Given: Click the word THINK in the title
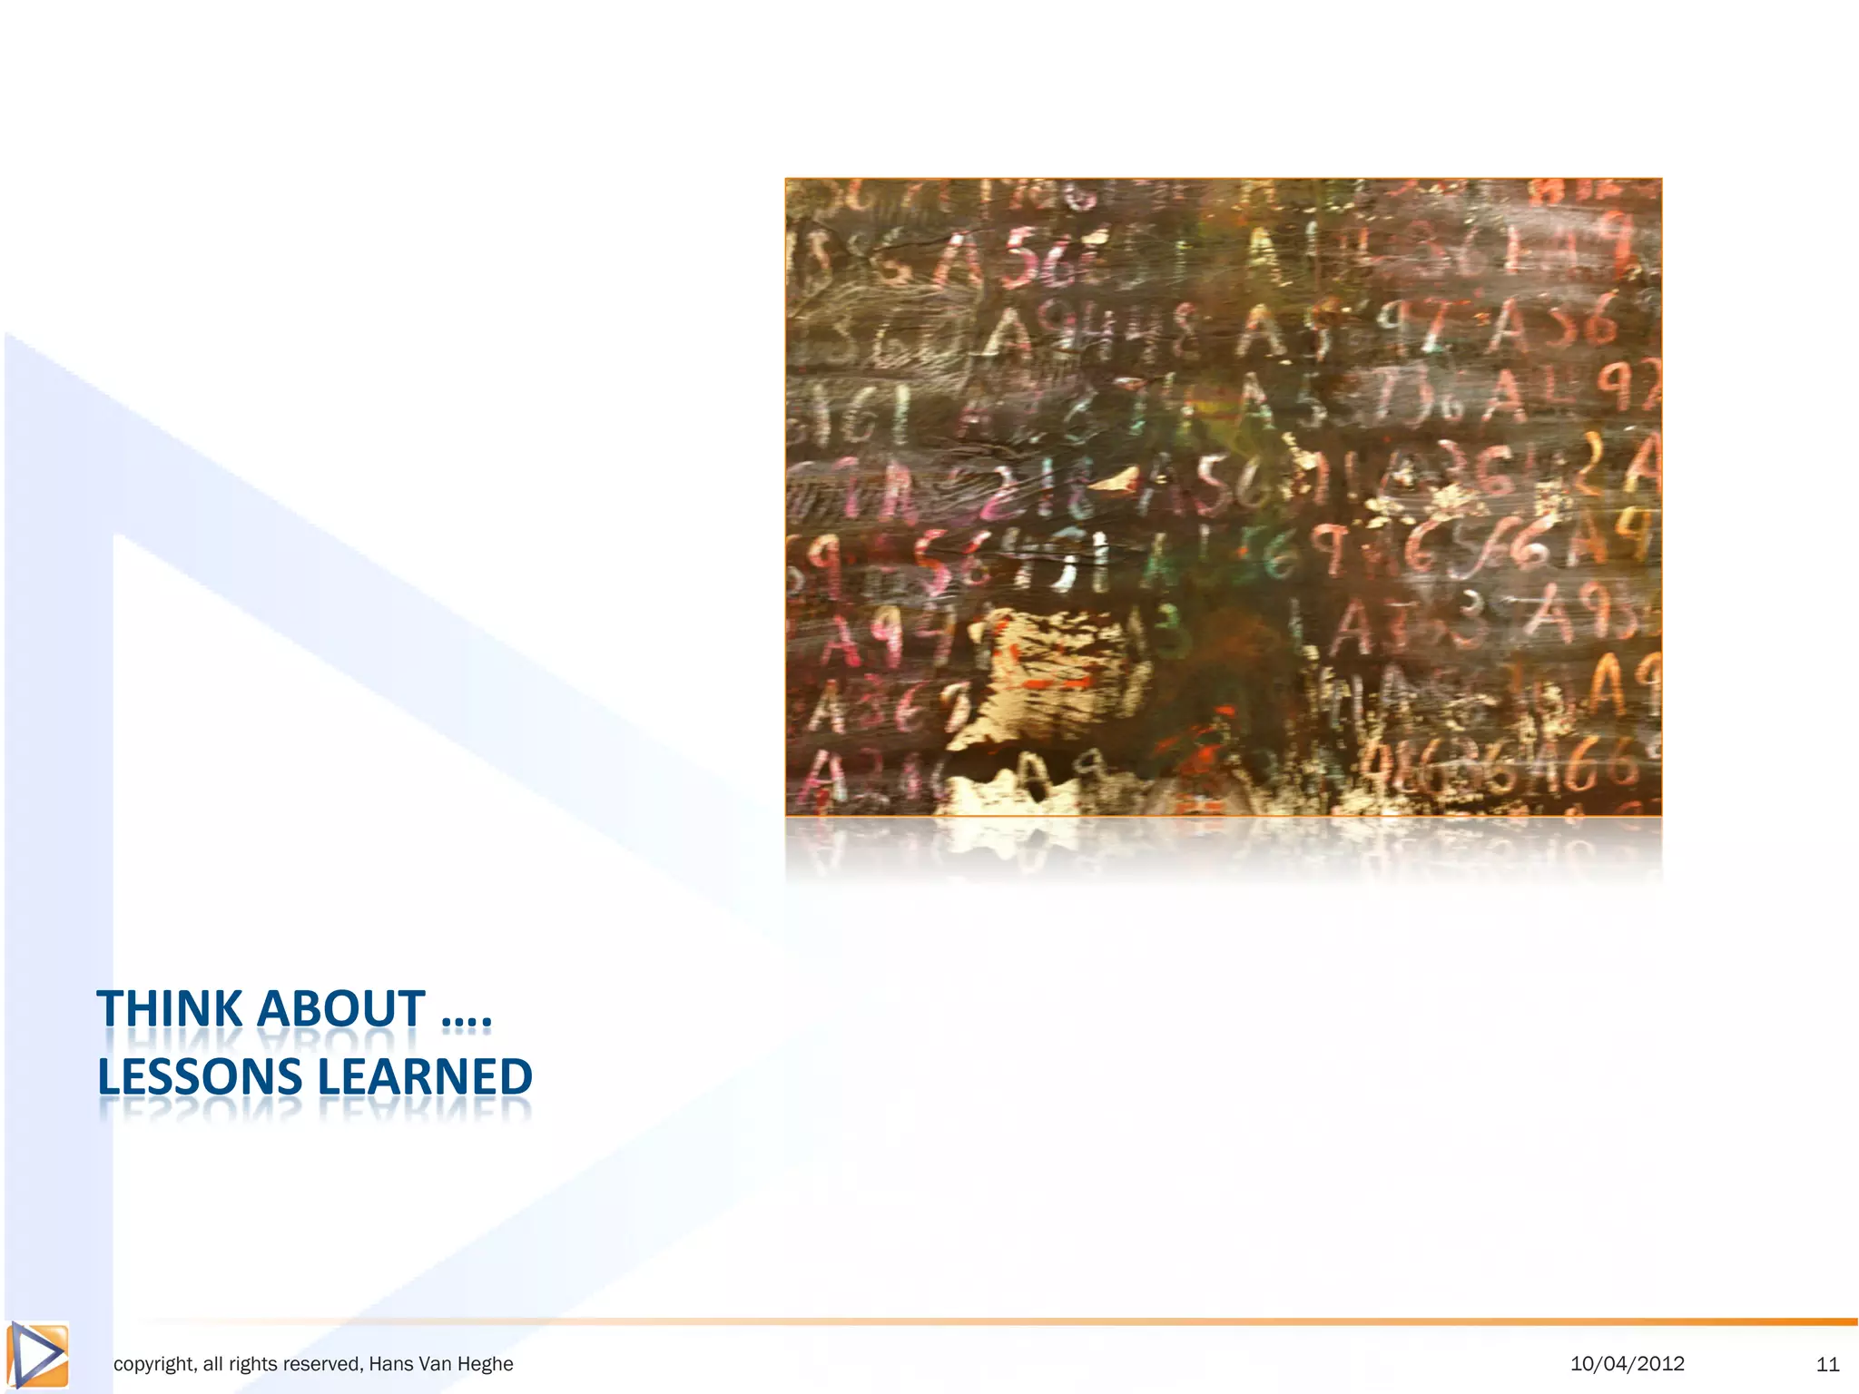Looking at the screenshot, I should pos(170,1009).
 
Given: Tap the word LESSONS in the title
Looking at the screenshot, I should pos(199,1077).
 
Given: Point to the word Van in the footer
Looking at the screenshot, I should pos(434,1364).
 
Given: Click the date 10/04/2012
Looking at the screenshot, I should pos(1627,1363).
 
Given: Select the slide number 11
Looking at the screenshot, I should pos(1827,1364).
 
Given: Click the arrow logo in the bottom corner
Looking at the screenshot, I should pos(37,1356).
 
